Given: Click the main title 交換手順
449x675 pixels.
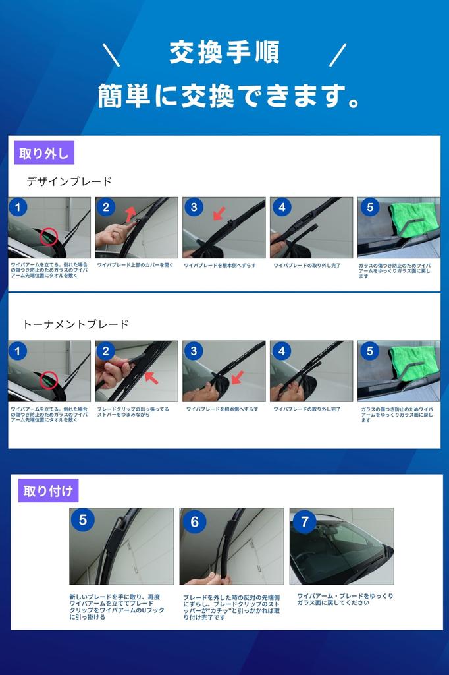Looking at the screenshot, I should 224,53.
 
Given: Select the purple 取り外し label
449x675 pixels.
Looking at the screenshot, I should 44,153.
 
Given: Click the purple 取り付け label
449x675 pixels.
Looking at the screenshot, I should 48,490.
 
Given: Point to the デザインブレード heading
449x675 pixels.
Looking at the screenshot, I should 69,181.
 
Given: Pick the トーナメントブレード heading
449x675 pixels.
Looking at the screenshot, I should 76,324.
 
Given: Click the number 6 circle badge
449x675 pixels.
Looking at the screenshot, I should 194,522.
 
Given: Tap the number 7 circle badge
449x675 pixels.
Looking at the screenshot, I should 304,522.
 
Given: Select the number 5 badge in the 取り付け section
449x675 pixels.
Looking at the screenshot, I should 83,521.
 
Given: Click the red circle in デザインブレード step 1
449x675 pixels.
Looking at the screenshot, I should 49,236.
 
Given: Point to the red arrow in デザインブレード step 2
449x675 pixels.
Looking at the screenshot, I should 130,213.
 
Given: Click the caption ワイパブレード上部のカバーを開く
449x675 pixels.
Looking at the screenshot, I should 136,265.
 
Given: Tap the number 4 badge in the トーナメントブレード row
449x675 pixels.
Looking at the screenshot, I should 282,351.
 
